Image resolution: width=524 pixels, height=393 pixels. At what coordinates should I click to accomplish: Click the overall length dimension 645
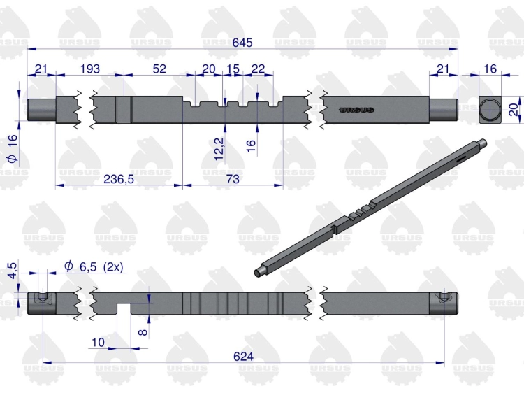[x=242, y=43]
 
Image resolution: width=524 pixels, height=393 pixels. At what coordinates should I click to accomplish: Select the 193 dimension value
[x=90, y=69]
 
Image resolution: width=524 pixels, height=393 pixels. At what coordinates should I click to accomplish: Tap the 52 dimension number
[x=159, y=69]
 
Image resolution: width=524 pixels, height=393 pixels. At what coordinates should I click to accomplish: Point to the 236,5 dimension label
[x=119, y=179]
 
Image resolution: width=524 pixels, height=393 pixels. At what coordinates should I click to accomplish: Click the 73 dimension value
[x=233, y=179]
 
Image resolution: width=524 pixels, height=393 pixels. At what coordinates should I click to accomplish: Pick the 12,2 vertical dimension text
[x=219, y=149]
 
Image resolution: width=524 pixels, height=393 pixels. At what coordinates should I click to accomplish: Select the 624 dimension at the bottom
[x=243, y=357]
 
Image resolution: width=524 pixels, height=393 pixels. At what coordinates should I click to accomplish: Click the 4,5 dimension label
[x=12, y=271]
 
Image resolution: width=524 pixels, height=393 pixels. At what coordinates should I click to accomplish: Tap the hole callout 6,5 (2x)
[x=94, y=267]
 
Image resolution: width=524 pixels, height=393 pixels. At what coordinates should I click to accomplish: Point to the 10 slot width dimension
[x=98, y=343]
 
